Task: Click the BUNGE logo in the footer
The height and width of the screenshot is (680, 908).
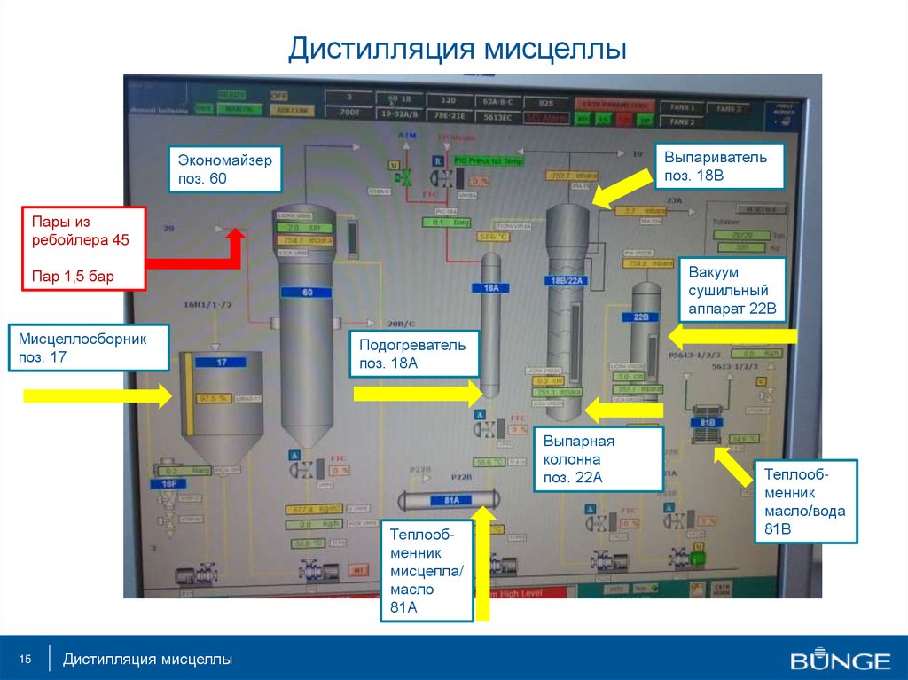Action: (x=841, y=660)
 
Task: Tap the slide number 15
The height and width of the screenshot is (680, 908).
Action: (x=25, y=659)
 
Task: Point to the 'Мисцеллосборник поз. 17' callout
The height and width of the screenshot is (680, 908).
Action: (x=89, y=348)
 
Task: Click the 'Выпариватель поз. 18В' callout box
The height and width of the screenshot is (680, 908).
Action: (x=719, y=166)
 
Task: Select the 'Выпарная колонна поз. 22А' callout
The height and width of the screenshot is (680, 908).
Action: (x=599, y=459)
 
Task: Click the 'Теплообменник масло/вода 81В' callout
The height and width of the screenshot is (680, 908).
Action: (x=804, y=501)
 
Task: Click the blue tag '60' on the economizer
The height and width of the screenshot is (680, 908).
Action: (x=308, y=292)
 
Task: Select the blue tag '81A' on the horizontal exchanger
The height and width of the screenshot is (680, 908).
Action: (x=451, y=500)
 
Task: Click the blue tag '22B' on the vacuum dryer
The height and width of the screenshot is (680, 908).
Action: (x=642, y=317)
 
